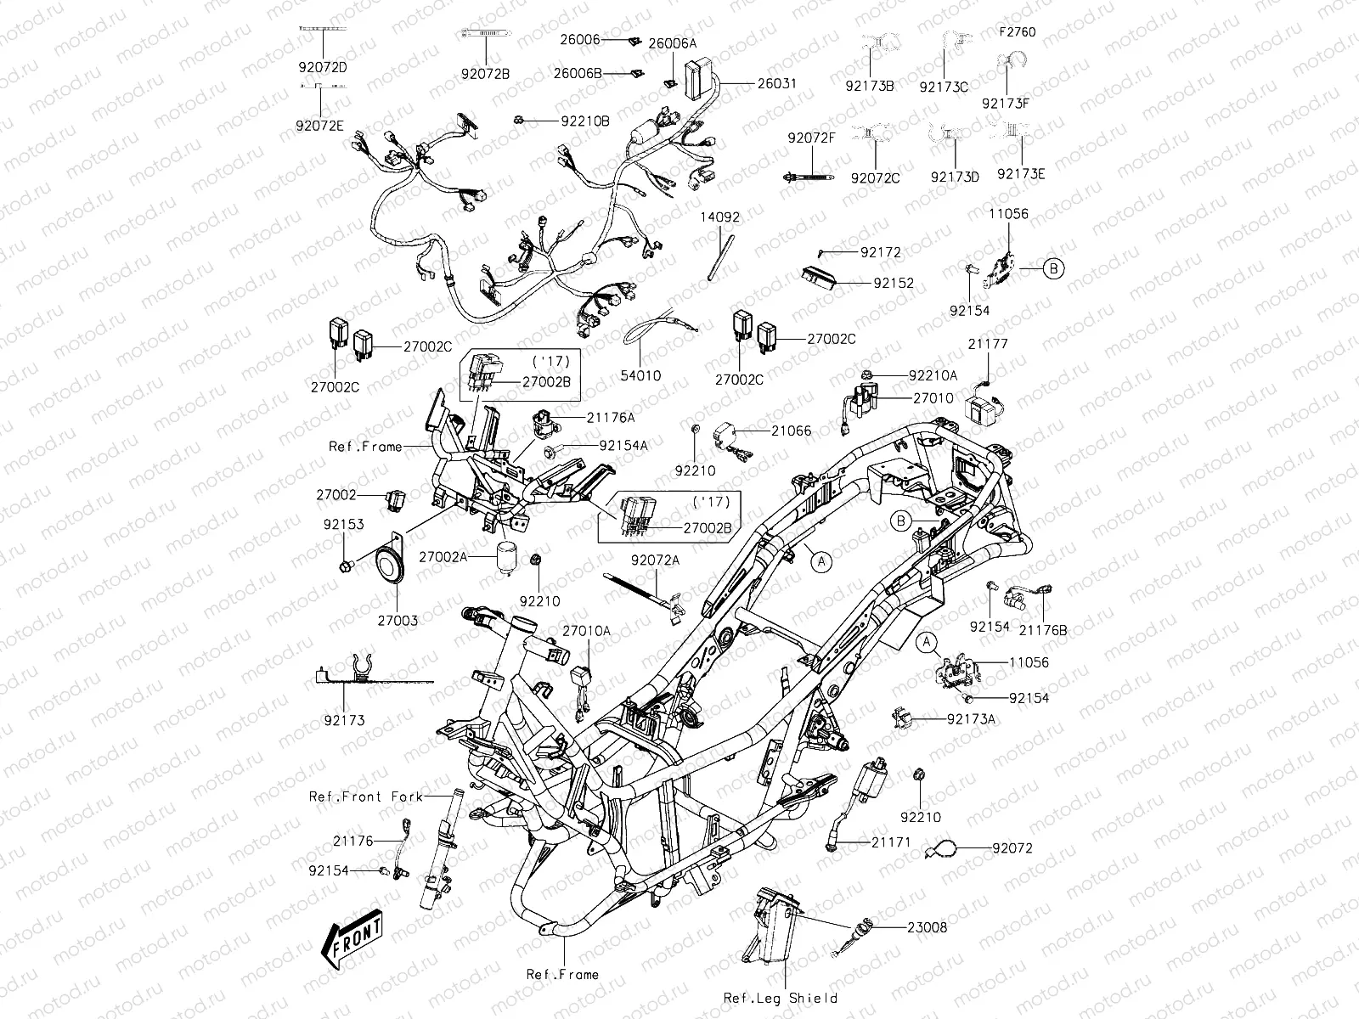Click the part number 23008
point(927,927)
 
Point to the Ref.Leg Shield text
point(780,998)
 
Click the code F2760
point(1018,32)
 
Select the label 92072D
point(322,66)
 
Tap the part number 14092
point(719,217)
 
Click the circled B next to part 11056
point(1052,269)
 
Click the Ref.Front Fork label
point(365,797)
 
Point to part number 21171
point(890,842)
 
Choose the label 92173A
point(971,718)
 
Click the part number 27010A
point(586,631)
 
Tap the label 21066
point(791,431)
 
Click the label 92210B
point(585,121)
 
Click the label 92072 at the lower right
point(1012,847)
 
